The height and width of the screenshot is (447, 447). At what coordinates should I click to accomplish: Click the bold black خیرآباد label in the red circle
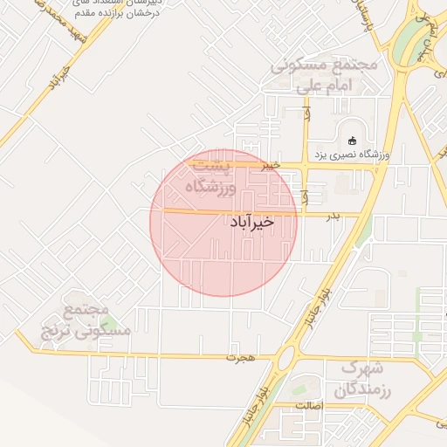point(252,222)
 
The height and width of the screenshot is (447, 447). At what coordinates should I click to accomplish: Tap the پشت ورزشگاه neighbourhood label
point(211,175)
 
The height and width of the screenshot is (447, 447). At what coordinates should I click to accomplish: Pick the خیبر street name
point(272,163)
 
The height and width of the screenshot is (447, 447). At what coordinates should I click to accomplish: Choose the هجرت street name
point(237,357)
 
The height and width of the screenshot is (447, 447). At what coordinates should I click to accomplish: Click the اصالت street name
point(309,406)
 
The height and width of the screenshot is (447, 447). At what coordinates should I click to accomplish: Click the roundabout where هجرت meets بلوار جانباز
point(285,357)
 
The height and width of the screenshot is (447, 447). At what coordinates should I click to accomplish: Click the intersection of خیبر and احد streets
point(305,164)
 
